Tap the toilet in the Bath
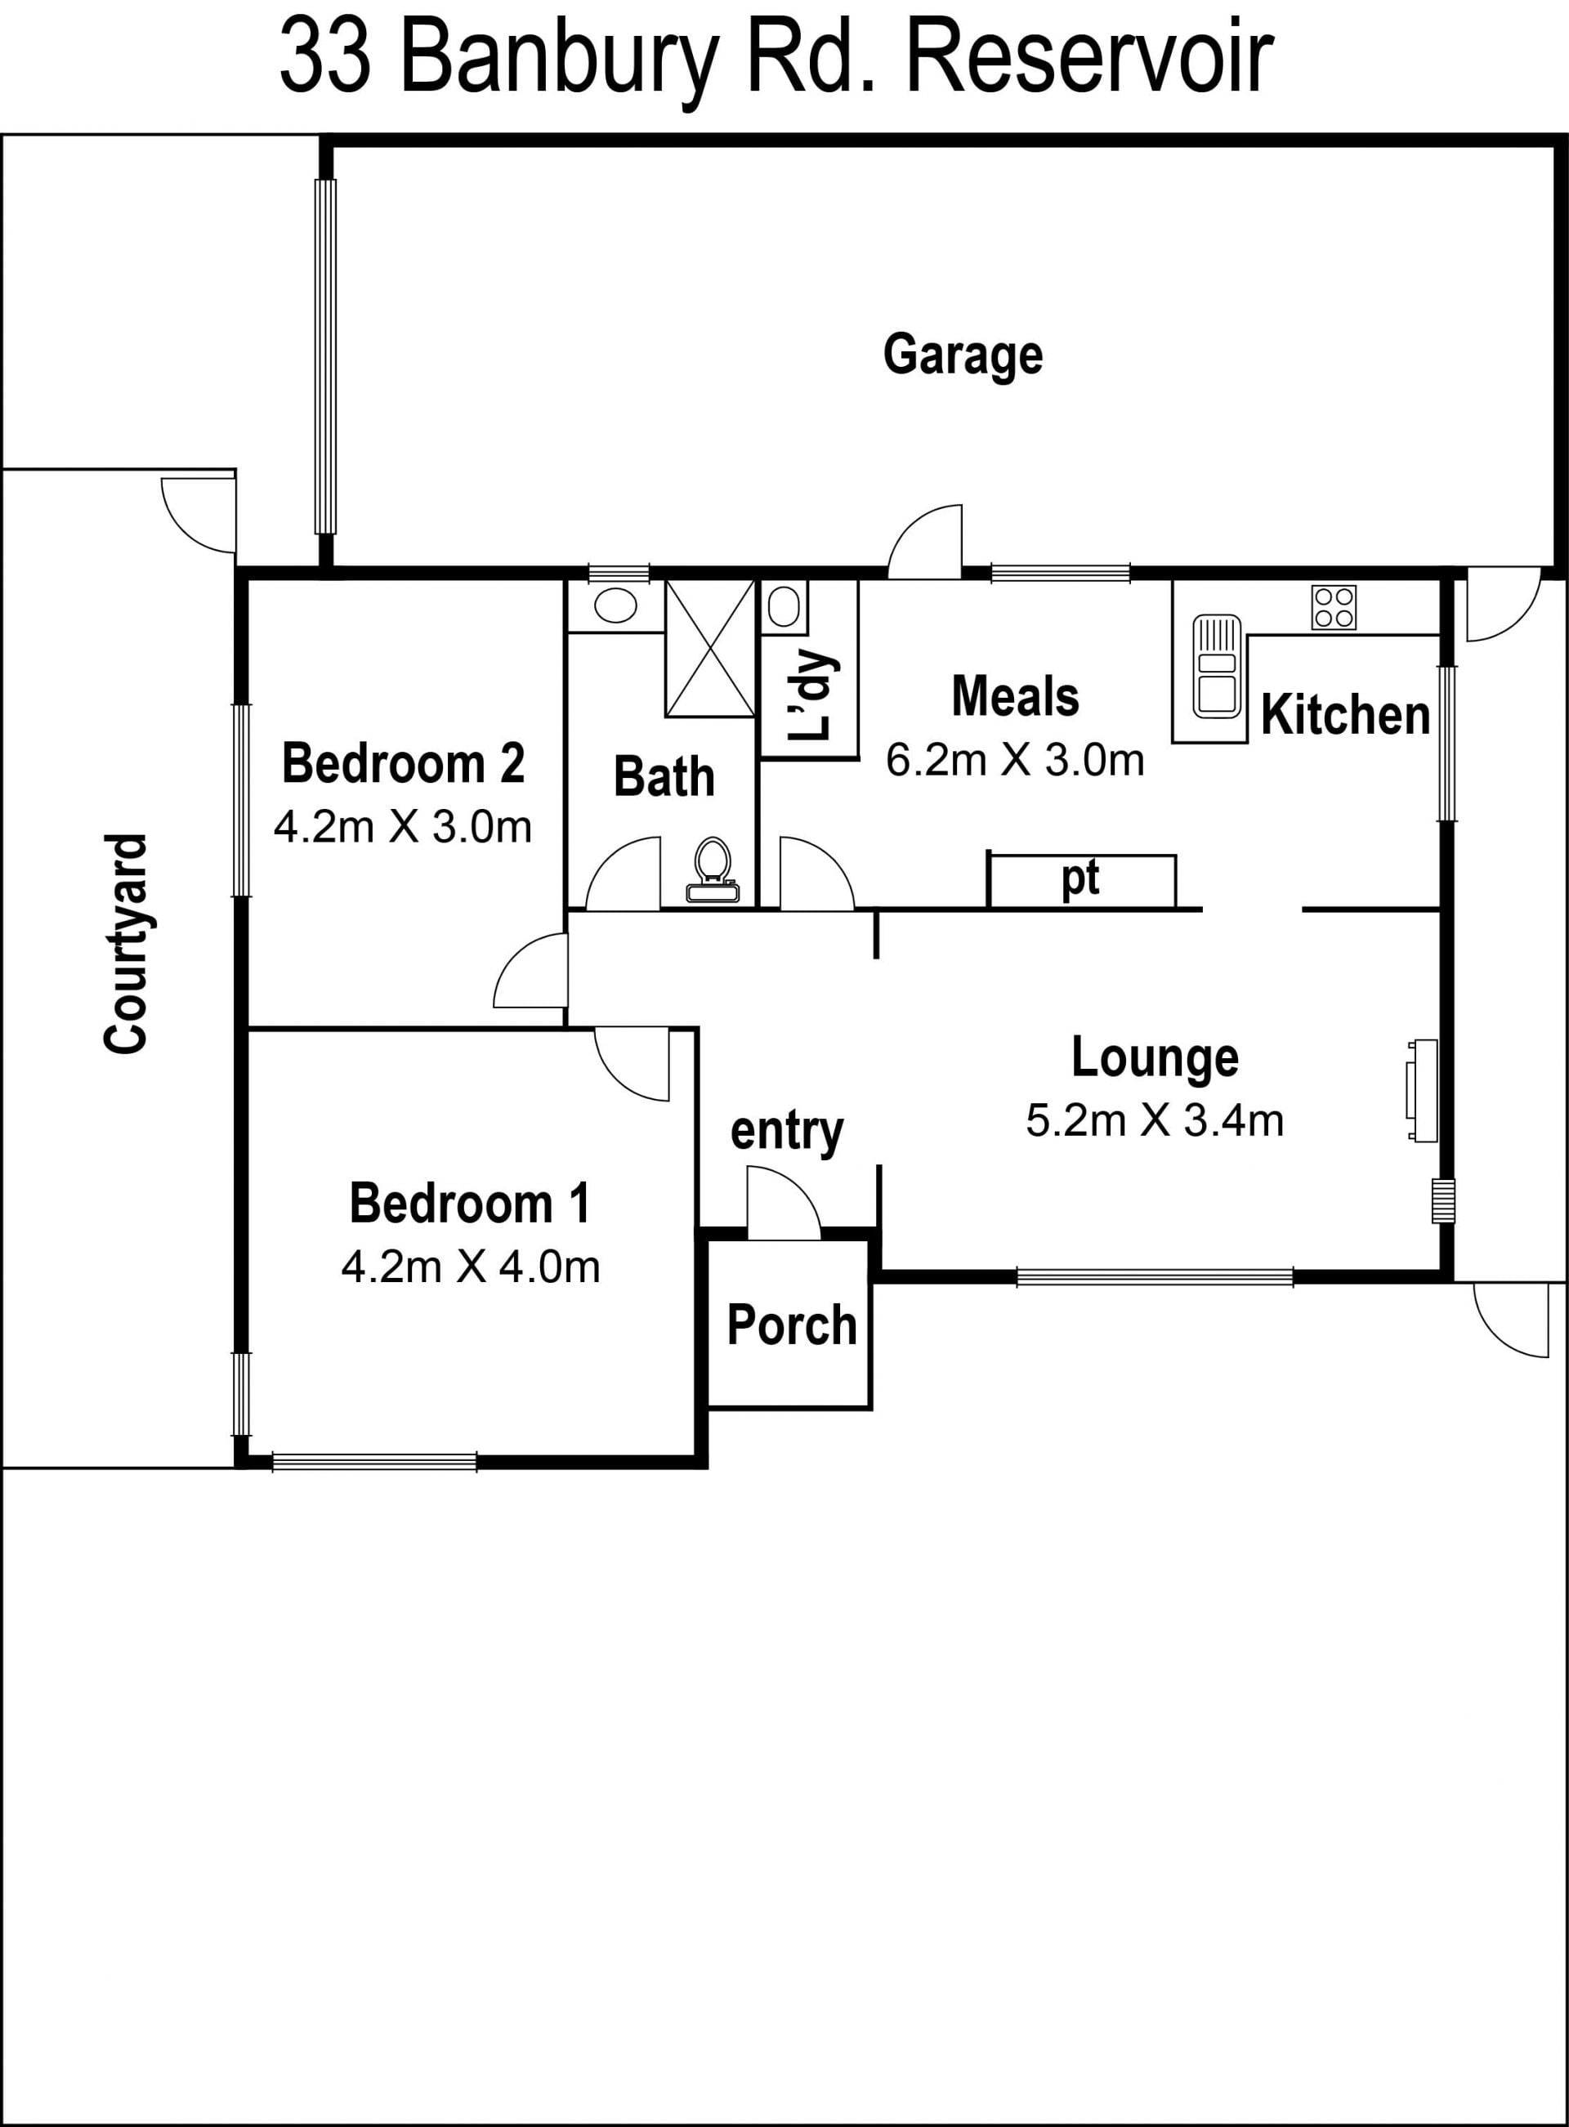(713, 869)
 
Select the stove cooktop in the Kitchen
(1334, 608)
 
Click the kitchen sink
(1217, 667)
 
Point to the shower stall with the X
(710, 649)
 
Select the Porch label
(791, 1325)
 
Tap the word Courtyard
(127, 944)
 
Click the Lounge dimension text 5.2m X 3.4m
(1154, 1120)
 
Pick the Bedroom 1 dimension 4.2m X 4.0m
(470, 1267)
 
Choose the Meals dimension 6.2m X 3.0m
(1014, 761)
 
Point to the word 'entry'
(786, 1131)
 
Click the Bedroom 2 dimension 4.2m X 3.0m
(403, 827)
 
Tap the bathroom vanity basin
(615, 605)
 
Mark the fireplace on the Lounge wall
(1422, 1091)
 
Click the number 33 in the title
(324, 59)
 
